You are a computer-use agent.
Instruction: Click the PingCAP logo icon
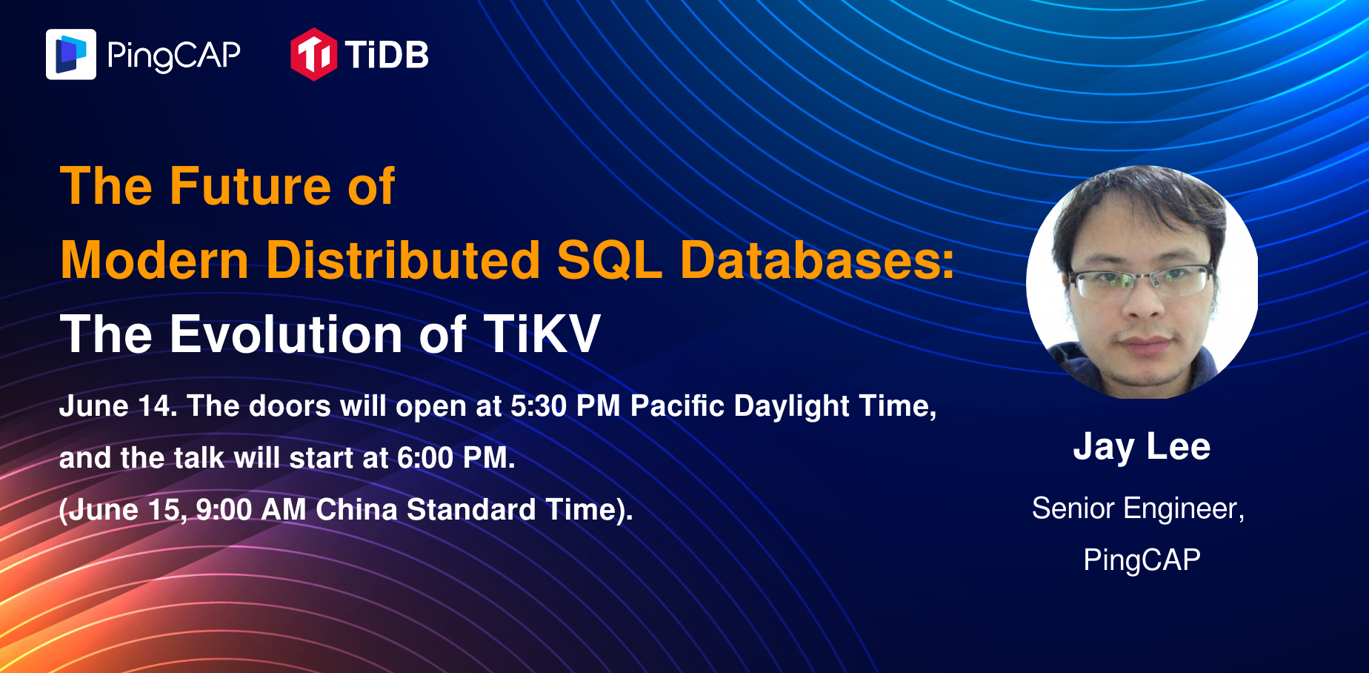click(x=71, y=54)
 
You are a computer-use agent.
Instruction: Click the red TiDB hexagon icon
click(x=313, y=54)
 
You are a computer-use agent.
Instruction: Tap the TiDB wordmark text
click(x=387, y=55)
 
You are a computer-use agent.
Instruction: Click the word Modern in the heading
click(x=154, y=260)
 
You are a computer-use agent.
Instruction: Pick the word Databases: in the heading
click(x=817, y=260)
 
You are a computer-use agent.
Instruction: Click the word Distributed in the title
click(x=403, y=260)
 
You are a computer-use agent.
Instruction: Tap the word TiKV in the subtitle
click(x=542, y=334)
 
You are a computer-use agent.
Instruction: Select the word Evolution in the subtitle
click(x=287, y=334)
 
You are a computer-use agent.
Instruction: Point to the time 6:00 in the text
click(x=425, y=458)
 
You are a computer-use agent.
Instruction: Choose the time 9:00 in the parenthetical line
click(x=224, y=510)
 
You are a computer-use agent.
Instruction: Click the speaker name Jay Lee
click(x=1142, y=447)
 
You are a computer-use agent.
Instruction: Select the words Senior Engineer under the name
click(x=1137, y=508)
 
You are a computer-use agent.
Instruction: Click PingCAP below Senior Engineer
click(x=1142, y=560)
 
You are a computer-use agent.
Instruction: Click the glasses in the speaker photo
click(x=1142, y=282)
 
